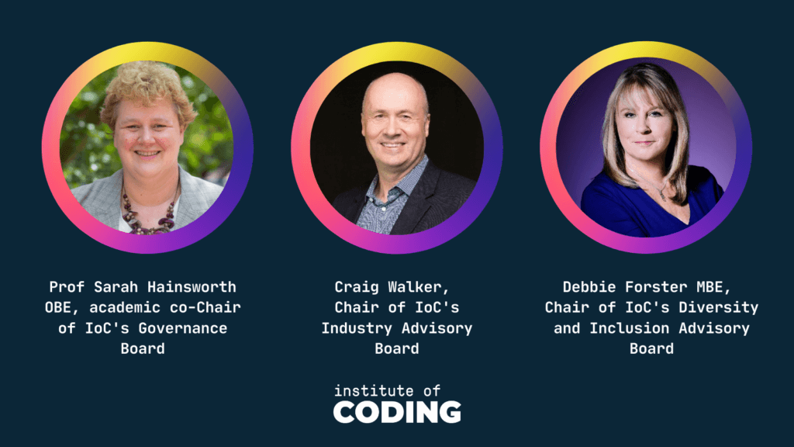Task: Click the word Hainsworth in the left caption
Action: tap(192, 287)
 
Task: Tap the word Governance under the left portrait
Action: tap(183, 328)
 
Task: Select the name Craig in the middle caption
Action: tap(357, 287)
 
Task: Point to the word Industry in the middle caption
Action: tap(357, 328)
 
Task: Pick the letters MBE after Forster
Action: tap(713, 287)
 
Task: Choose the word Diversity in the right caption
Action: tap(719, 307)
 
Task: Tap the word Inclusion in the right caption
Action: tap(630, 328)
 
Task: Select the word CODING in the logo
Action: tap(397, 412)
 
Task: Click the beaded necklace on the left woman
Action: tap(149, 212)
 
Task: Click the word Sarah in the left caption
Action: tap(116, 287)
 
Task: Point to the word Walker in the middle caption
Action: tap(419, 287)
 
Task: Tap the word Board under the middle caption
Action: tap(397, 348)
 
